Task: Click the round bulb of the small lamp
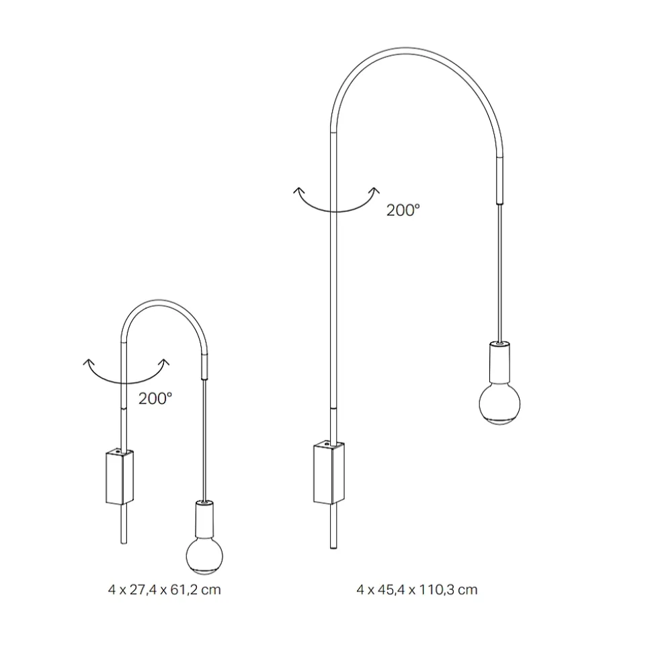click(204, 555)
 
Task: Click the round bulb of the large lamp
click(499, 404)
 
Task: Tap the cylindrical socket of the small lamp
click(204, 519)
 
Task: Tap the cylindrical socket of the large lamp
click(499, 362)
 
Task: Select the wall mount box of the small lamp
click(120, 476)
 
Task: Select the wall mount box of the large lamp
click(329, 472)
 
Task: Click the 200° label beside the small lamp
click(155, 399)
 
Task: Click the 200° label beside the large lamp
click(403, 210)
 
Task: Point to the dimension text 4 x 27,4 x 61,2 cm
click(165, 590)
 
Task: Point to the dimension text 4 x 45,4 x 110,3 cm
click(417, 590)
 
